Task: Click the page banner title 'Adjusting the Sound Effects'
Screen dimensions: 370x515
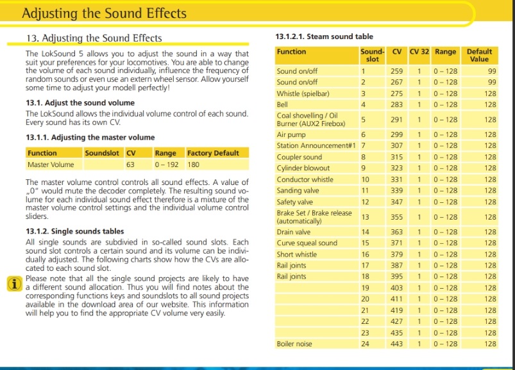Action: click(x=104, y=13)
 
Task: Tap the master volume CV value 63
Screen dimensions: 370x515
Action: click(x=130, y=165)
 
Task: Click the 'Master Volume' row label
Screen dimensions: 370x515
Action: click(x=48, y=165)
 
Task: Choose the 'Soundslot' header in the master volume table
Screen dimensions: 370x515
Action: click(x=103, y=153)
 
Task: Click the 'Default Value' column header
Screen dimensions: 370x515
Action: click(x=479, y=55)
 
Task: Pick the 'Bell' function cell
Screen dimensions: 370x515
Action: click(x=282, y=104)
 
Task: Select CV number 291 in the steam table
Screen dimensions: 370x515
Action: click(x=397, y=119)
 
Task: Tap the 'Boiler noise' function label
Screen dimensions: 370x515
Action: click(x=294, y=344)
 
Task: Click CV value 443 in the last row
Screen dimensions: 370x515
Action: click(x=397, y=344)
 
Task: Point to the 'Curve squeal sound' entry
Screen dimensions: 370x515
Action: click(x=307, y=243)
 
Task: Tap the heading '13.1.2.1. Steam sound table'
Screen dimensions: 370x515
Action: click(x=324, y=36)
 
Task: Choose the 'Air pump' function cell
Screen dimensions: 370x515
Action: click(x=291, y=135)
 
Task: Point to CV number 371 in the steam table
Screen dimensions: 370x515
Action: click(x=397, y=243)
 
